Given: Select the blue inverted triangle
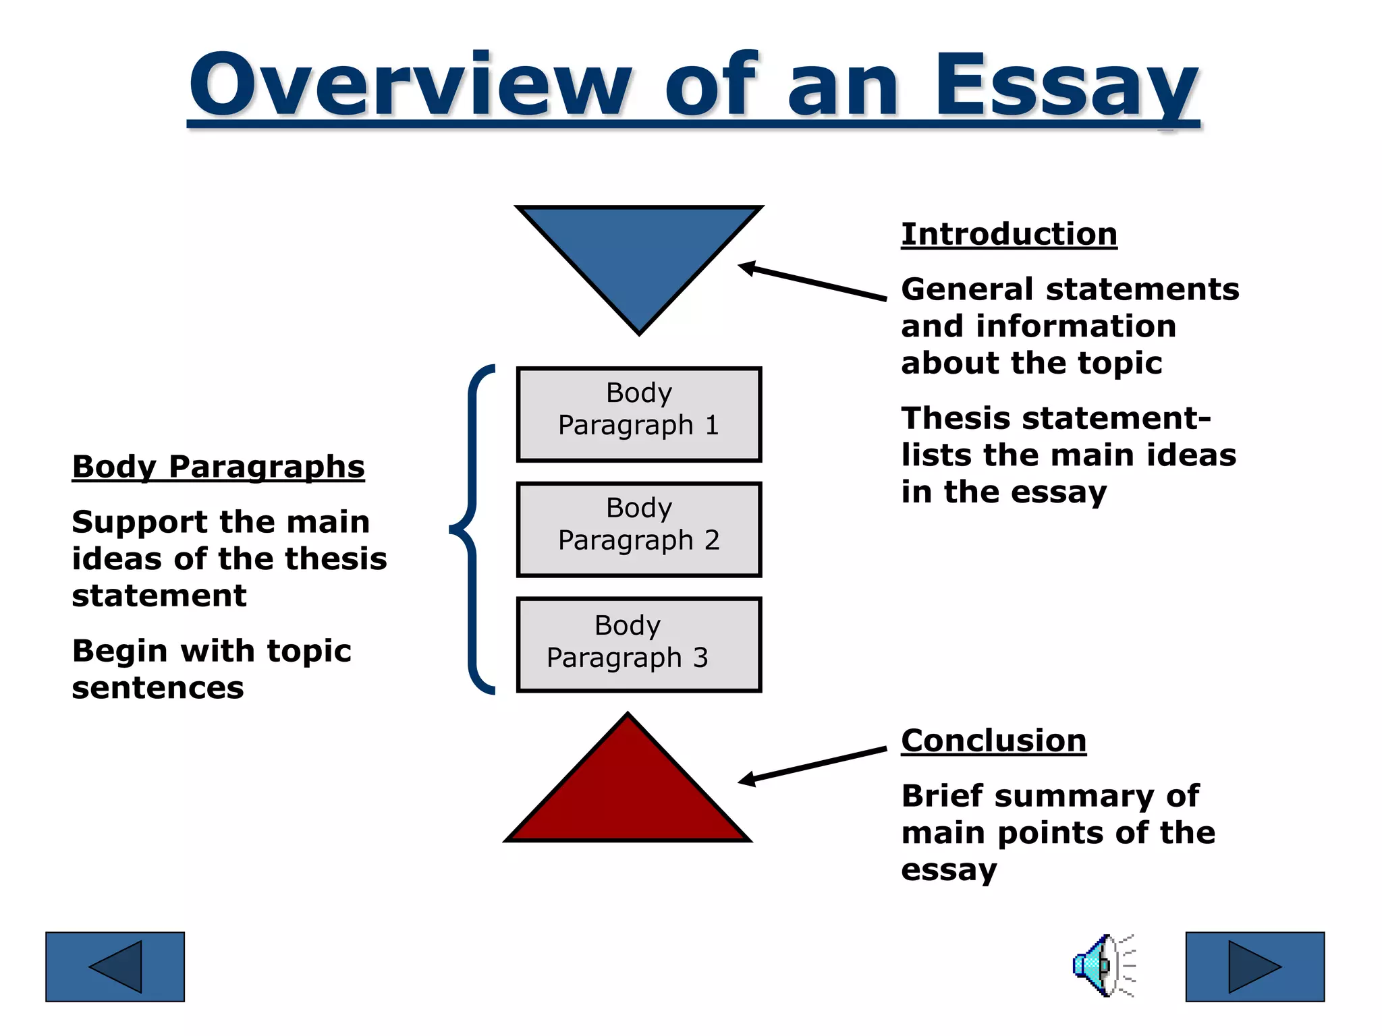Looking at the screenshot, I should (639, 256).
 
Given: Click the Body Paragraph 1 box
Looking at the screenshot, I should (639, 414).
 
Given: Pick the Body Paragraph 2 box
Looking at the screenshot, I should (639, 529).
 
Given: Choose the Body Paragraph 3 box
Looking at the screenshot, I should (639, 644).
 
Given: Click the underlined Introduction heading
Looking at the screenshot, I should (1009, 235).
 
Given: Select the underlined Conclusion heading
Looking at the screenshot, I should (993, 741).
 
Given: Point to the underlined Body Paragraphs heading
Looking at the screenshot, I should (218, 467).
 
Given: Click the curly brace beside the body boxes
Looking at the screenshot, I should (472, 529).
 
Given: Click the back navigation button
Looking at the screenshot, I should (115, 967).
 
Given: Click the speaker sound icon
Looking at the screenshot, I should (1103, 966).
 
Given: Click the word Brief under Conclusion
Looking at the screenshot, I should (942, 796).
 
